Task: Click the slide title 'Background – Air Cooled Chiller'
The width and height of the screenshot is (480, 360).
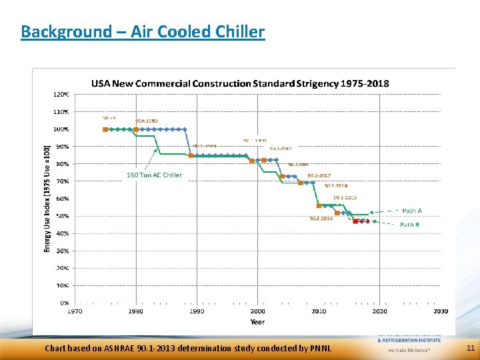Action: pos(143,31)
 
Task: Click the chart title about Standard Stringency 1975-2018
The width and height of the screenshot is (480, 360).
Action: pos(240,83)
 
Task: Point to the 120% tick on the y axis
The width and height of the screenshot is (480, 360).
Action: pos(61,95)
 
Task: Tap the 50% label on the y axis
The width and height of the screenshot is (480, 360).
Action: pos(62,217)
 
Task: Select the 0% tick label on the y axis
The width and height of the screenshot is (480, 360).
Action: pos(64,303)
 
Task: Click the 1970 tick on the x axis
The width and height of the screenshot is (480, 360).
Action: pos(74,311)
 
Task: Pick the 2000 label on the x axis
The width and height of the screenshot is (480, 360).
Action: pos(257,311)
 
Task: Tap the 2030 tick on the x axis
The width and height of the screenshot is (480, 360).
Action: pos(440,311)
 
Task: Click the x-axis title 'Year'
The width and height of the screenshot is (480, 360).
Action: pos(257,321)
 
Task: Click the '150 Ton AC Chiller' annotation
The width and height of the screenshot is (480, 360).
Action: pos(154,175)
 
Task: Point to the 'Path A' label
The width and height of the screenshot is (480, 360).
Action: pos(411,211)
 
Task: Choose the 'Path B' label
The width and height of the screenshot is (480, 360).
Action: pos(409,225)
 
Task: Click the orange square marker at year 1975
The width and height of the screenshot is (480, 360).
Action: pos(105,129)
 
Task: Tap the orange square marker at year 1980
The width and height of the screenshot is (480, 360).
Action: pos(136,129)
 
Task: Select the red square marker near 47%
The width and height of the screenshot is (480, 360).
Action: pos(356,221)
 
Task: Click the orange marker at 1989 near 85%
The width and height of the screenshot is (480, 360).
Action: pos(191,155)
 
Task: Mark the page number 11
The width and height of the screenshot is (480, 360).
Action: pos(470,348)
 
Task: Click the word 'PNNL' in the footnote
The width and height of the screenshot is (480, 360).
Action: pos(320,348)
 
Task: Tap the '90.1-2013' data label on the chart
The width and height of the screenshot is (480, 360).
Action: pos(345,197)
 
